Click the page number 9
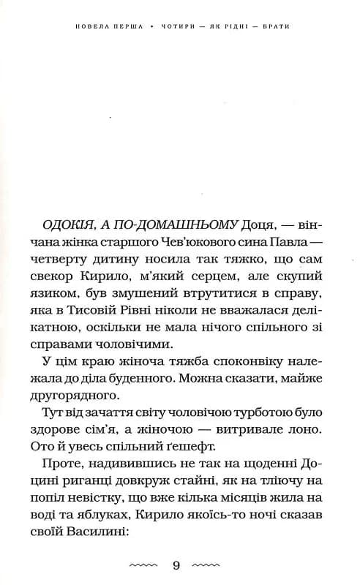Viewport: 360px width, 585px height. click(177, 565)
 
